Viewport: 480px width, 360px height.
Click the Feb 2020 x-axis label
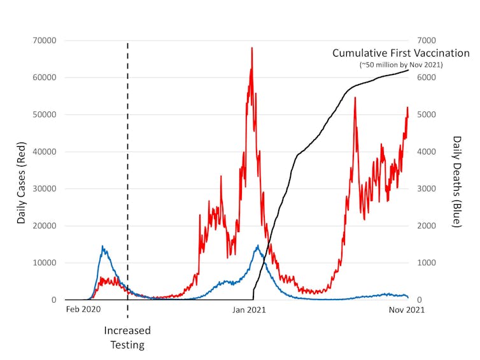click(x=83, y=310)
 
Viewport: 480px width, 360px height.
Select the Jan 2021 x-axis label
click(x=248, y=310)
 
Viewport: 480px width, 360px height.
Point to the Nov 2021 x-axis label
click(x=407, y=310)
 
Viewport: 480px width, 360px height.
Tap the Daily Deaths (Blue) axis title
click(x=457, y=181)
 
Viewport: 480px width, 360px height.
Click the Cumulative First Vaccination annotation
click(x=401, y=53)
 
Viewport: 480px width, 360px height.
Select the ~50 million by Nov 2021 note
click(x=401, y=65)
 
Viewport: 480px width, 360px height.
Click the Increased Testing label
click(x=127, y=338)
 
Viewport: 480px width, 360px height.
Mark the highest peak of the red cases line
click(x=252, y=48)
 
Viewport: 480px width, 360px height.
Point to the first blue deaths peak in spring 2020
click(x=102, y=246)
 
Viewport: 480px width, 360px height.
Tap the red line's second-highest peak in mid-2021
click(x=355, y=98)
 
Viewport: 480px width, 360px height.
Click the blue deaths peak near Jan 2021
click(x=258, y=246)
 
